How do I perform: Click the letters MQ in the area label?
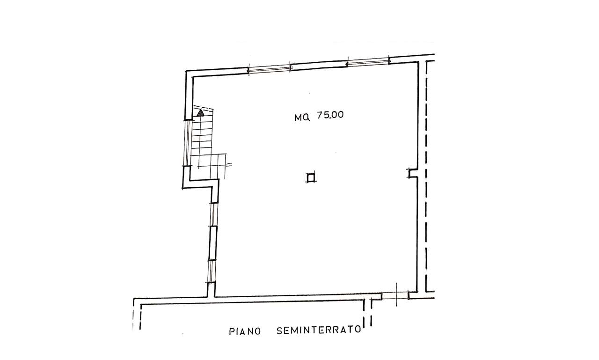(x=302, y=118)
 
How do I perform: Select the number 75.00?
(x=330, y=115)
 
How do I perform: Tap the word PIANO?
(x=245, y=331)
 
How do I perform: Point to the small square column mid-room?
(x=310, y=177)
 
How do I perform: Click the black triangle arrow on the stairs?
(x=200, y=113)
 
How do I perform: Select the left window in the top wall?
(x=270, y=68)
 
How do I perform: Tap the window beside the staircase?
(x=187, y=143)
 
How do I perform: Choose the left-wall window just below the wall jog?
(x=214, y=214)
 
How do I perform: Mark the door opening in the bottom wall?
(x=395, y=295)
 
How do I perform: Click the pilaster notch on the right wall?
(x=412, y=173)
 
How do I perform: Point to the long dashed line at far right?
(x=426, y=176)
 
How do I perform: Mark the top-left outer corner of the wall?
(x=186, y=71)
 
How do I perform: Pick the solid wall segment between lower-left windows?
(x=213, y=243)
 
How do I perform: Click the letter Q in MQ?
(x=307, y=118)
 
